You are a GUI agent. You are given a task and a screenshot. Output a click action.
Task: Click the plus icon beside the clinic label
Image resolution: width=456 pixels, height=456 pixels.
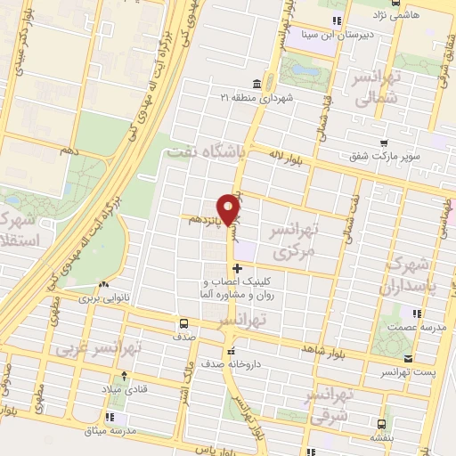point(236,267)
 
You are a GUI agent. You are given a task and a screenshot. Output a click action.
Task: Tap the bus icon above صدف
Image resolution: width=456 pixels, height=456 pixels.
point(183,323)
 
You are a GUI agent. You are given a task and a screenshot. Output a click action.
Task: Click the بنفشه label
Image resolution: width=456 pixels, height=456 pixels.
point(381,438)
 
